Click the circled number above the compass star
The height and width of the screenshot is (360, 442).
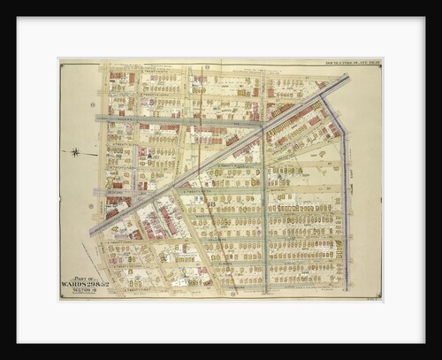click(x=93, y=104)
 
